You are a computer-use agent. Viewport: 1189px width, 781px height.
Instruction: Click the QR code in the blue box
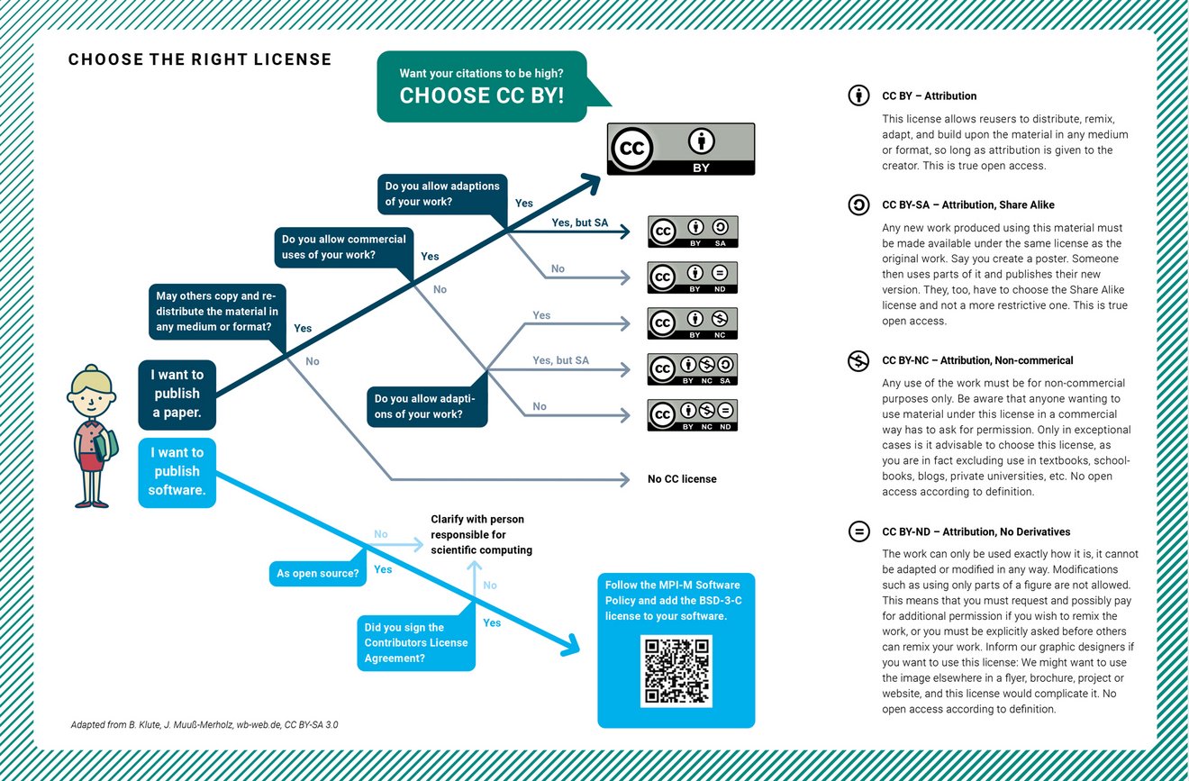(676, 671)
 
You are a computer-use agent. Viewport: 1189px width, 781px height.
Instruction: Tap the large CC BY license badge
(681, 150)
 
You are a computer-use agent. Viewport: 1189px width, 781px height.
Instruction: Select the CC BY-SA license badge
(693, 232)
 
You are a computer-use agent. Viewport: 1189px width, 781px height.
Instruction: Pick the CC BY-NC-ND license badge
(693, 415)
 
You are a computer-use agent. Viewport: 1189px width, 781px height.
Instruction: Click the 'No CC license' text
(682, 479)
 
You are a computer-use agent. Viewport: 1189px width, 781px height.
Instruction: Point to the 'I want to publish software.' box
(177, 473)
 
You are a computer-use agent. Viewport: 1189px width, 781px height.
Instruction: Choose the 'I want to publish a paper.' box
(177, 395)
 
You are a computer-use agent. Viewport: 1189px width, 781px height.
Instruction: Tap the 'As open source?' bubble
(318, 574)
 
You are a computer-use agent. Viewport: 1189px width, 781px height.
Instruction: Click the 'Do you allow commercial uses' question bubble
(344, 248)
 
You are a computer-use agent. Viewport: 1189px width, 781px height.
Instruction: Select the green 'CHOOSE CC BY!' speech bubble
(482, 86)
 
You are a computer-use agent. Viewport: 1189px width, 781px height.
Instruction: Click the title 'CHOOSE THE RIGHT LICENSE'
(200, 59)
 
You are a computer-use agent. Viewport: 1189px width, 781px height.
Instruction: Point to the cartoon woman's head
(91, 393)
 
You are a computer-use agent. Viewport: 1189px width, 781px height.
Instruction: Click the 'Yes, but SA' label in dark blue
(580, 222)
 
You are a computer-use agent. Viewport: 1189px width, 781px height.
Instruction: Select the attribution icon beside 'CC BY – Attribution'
(858, 95)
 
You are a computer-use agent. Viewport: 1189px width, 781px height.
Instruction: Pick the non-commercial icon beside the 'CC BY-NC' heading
(858, 361)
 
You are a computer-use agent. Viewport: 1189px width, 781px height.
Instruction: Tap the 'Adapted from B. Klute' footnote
(204, 725)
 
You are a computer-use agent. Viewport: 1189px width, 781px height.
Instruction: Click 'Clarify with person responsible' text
(481, 534)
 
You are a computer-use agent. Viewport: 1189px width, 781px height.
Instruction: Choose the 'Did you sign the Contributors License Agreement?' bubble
(416, 643)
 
